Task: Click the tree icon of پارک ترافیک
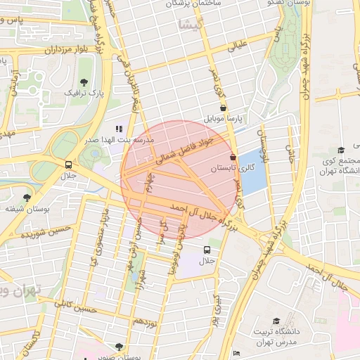pos(84,82)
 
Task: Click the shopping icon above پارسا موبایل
pos(224,108)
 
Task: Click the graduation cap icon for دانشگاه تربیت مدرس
pos(276,321)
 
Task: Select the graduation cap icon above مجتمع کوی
pos(341,150)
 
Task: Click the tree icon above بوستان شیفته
pos(27,198)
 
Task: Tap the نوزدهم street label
pos(144,320)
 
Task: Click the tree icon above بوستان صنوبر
pos(118,346)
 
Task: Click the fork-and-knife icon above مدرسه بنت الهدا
pos(119,129)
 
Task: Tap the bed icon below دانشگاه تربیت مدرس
pos(237,353)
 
